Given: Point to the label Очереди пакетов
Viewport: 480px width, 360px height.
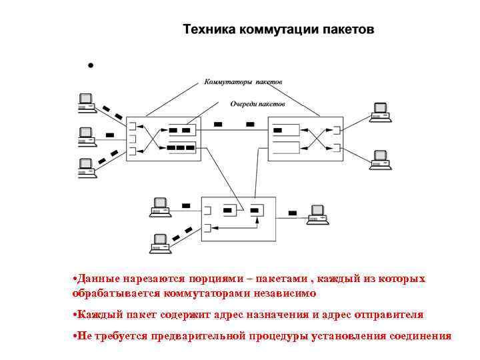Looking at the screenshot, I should point(257,104).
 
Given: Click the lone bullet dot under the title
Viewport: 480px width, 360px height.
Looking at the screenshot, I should point(91,66).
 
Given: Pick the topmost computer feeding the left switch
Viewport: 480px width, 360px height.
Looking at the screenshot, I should point(85,101).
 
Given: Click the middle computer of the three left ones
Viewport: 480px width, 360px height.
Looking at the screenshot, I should point(85,135).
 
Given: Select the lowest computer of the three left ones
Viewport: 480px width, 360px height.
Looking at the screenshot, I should point(85,167).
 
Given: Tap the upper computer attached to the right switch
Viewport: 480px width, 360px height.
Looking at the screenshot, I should point(380,111).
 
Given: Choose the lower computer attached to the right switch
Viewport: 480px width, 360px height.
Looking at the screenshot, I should point(380,160).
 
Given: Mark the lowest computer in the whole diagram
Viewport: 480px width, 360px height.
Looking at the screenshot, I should point(160,243).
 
